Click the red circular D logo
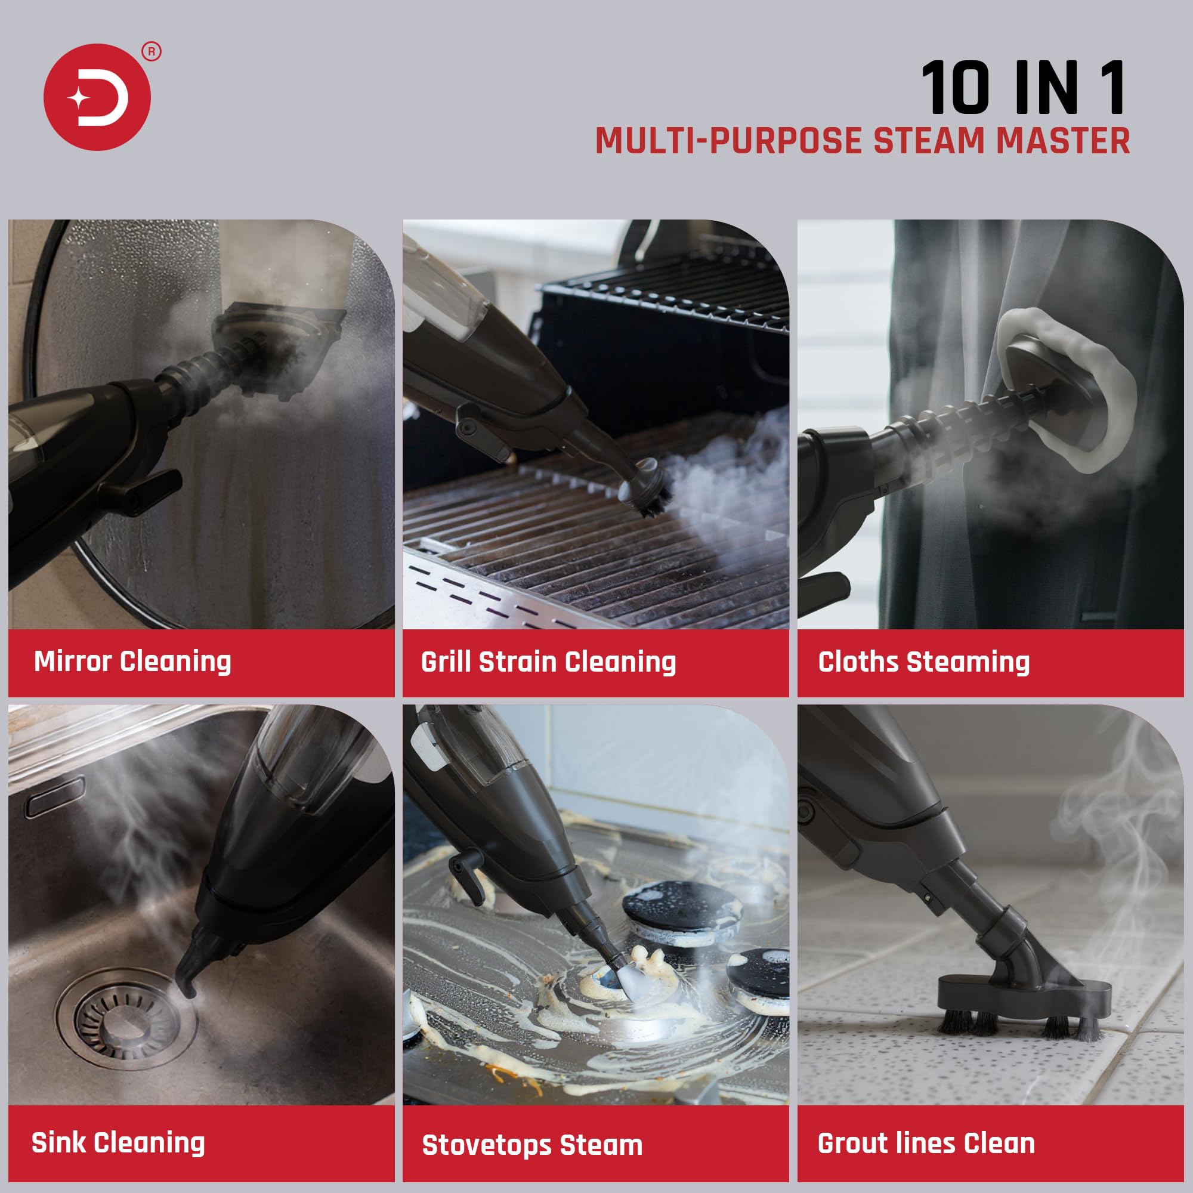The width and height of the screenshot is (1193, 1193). [x=97, y=97]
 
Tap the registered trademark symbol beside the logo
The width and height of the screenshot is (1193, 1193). [x=152, y=52]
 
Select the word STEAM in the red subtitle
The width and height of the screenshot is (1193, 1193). [x=928, y=141]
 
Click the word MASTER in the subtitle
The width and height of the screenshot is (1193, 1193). [x=1064, y=141]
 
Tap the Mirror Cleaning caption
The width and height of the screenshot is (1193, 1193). [x=133, y=662]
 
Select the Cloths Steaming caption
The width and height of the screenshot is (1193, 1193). [x=924, y=662]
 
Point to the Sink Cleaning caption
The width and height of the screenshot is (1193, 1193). [x=119, y=1142]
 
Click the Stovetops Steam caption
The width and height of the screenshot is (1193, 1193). [x=531, y=1145]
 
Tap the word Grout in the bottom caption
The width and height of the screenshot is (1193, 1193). [x=849, y=1143]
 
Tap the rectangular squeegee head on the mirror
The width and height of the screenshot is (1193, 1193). [x=278, y=346]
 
